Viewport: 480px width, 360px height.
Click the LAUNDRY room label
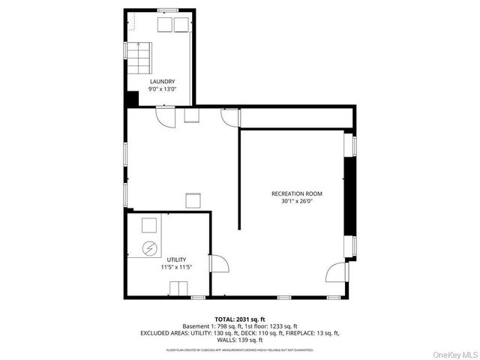click(162, 82)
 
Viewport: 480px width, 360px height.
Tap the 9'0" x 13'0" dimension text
click(162, 90)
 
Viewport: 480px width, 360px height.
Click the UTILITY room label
click(176, 259)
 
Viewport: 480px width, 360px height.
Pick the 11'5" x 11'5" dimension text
click(176, 268)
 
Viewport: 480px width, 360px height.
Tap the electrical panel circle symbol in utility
click(149, 248)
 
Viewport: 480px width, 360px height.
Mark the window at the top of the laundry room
click(167, 10)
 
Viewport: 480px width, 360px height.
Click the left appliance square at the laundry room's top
click(164, 24)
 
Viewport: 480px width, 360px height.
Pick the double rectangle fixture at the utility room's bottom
click(178, 289)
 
